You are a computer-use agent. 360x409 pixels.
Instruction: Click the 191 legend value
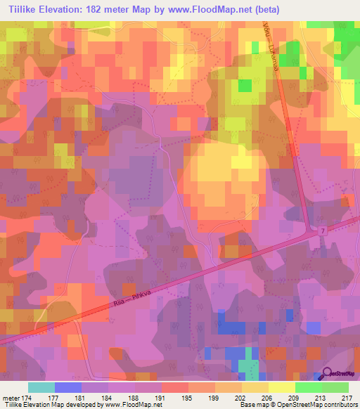pyautogui.click(x=162, y=397)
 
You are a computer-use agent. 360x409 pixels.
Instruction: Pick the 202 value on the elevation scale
pyautogui.click(x=242, y=397)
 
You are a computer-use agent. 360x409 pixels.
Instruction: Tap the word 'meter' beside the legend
pyautogui.click(x=11, y=397)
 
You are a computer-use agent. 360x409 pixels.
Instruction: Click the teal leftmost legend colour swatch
pyautogui.click(x=41, y=387)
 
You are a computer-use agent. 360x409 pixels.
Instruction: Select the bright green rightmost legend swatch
pyautogui.click(x=335, y=387)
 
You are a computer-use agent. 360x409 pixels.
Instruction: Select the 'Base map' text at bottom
pyautogui.click(x=253, y=405)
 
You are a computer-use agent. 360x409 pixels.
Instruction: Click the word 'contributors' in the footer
pyautogui.click(x=340, y=405)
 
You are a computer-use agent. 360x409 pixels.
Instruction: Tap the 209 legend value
pyautogui.click(x=295, y=397)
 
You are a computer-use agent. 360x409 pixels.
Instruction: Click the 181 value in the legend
pyautogui.click(x=82, y=397)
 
